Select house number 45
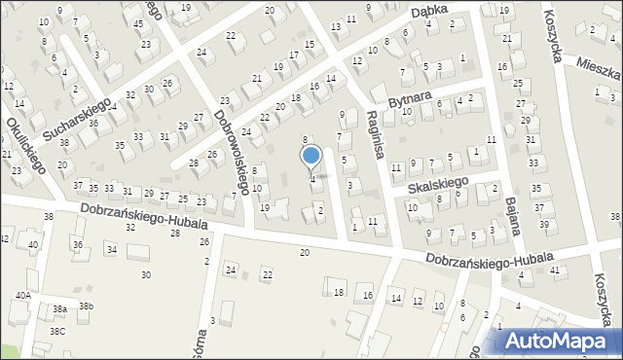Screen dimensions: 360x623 click(139, 23)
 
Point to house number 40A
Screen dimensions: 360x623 click(22, 295)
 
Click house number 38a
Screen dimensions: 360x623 click(59, 308)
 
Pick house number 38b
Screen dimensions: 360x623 click(86, 306)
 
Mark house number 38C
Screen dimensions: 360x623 click(58, 331)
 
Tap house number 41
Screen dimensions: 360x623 click(554, 270)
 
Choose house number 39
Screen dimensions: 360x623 click(543, 225)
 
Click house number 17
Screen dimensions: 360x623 click(293, 54)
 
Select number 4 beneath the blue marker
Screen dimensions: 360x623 click(311, 178)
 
